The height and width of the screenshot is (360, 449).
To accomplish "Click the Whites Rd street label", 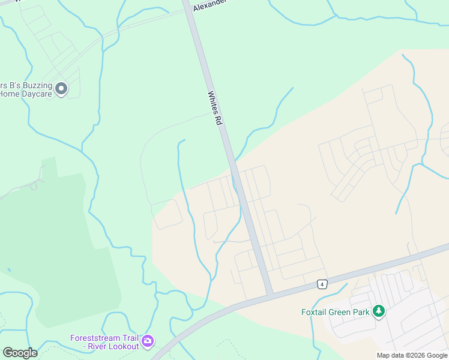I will (x=215, y=108).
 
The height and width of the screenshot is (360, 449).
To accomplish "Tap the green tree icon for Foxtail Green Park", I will (x=379, y=311).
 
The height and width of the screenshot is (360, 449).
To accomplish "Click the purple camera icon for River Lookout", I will (x=147, y=341).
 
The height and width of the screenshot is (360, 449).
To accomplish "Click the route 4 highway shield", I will (x=322, y=284).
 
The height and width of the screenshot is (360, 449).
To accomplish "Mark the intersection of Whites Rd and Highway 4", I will (x=270, y=295).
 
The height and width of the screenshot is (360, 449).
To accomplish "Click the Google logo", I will (x=20, y=353).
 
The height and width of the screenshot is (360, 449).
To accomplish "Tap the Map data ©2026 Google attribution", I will (x=412, y=355).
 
